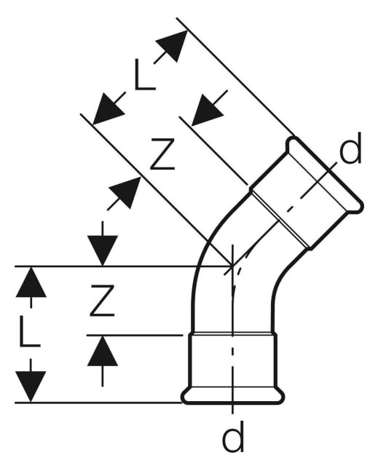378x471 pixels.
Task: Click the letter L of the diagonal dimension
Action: (145, 74)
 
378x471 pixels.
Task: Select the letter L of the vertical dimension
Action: (29, 331)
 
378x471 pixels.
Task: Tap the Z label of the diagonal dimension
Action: (162, 154)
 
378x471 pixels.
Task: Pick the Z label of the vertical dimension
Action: (102, 301)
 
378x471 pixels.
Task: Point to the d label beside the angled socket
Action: (350, 149)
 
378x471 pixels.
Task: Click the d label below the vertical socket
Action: (233, 436)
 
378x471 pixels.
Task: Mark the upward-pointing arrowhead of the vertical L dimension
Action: (31, 282)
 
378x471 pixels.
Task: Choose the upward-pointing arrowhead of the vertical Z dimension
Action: (103, 351)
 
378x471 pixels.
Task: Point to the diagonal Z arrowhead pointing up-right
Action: (126, 192)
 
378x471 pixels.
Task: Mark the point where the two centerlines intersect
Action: (232, 266)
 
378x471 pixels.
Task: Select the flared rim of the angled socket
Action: (325, 174)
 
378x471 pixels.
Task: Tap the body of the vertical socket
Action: (233, 360)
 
